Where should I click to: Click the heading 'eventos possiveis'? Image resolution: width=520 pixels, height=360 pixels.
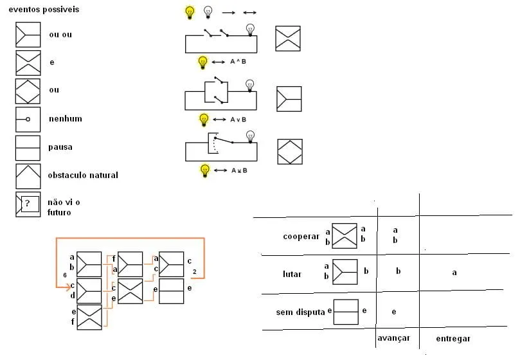44,9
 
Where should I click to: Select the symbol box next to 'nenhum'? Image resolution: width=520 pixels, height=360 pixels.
28,120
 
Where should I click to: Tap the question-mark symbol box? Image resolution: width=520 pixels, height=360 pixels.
28,204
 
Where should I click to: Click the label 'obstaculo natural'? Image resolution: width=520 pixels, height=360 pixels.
83,175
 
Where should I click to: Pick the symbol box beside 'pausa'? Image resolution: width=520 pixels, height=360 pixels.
28,148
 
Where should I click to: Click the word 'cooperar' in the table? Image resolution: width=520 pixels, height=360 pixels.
301,237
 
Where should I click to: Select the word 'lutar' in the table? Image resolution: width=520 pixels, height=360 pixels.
292,274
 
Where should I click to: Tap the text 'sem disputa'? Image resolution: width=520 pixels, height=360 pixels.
300,312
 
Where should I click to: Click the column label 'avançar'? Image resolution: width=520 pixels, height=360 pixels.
393,338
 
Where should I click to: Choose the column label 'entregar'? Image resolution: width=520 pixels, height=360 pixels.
453,339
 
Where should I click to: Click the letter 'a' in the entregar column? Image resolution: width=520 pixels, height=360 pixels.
454,273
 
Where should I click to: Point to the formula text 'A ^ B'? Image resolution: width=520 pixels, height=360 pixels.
238,61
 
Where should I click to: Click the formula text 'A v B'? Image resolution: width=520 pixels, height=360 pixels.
238,120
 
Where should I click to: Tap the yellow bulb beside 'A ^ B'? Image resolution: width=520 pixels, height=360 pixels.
202,62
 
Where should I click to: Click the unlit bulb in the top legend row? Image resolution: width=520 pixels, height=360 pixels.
208,12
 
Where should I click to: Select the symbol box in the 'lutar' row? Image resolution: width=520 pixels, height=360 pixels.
345,272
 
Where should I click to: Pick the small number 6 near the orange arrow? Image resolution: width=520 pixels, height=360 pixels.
65,275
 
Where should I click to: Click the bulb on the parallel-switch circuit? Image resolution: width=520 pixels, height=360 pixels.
250,85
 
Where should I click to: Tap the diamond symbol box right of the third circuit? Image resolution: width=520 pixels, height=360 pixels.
290,152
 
